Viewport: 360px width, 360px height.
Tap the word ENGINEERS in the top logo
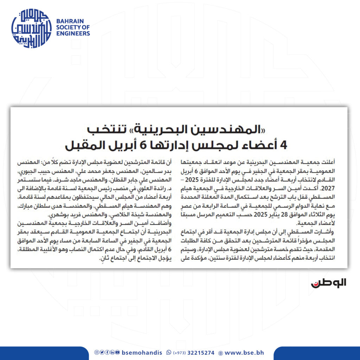pos(73,33)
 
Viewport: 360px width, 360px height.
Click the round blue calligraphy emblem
pos(31,27)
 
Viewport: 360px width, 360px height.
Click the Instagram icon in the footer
pos(96,353)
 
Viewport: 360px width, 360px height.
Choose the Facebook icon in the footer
pos(107,353)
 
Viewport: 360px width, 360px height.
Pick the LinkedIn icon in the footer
pos(112,353)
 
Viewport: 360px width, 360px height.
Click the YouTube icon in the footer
pos(117,353)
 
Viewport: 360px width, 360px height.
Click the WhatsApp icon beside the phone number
pos(169,353)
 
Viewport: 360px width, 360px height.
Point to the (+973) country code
pos(180,353)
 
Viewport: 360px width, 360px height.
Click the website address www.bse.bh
pos(244,353)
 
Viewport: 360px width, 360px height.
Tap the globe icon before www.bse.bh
pos(220,353)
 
